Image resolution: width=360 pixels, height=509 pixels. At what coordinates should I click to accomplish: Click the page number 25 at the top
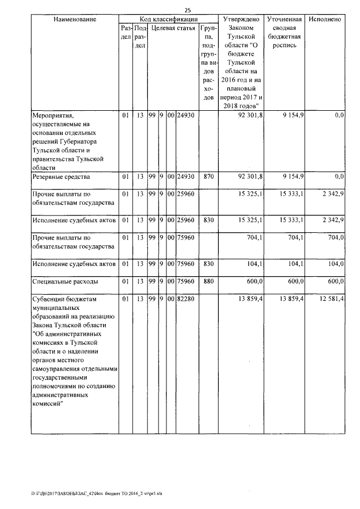tap(187, 10)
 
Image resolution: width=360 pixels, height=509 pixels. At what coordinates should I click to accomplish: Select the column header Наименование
tap(75, 19)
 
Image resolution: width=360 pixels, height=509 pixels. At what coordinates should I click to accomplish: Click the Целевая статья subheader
tap(173, 28)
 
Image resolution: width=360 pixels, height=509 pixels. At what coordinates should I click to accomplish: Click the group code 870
tap(208, 177)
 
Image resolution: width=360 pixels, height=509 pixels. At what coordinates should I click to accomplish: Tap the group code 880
tap(208, 281)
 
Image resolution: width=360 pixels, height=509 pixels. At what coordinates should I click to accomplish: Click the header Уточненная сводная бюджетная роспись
tap(286, 33)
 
